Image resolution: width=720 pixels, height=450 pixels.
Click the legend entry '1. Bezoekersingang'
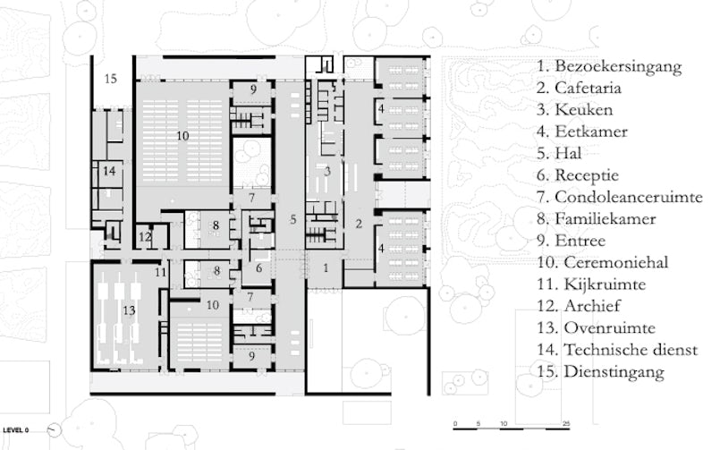coord(609,66)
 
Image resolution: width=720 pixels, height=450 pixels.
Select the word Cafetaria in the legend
coord(589,89)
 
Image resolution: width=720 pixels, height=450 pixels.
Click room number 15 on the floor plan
coord(110,79)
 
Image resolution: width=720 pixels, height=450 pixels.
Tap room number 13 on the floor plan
coord(129,310)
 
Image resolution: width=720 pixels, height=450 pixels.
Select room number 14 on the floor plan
coord(109,170)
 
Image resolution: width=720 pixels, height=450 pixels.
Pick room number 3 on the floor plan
coord(327,171)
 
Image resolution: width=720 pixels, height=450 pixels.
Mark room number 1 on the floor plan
coord(326,267)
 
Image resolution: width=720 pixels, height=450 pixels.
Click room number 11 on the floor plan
coord(159,271)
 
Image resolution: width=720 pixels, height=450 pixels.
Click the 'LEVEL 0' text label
coord(21,429)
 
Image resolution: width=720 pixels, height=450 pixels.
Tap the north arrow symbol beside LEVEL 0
coord(55,429)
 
